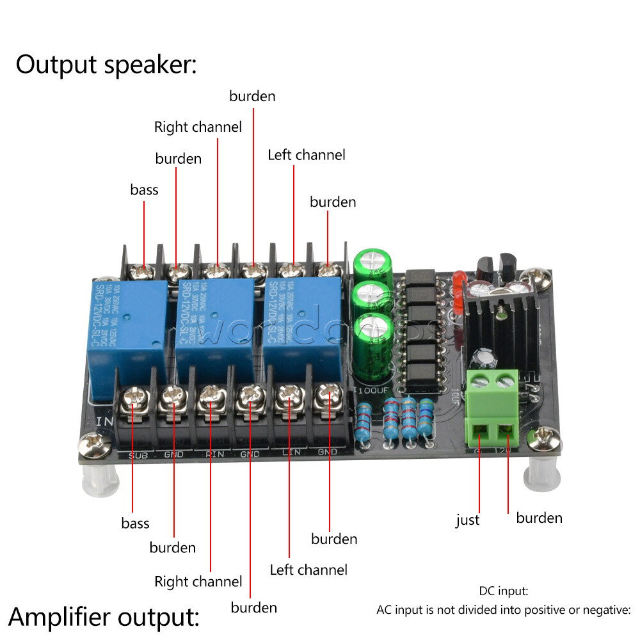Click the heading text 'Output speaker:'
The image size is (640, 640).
point(106,65)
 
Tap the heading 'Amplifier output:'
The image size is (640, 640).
point(104,617)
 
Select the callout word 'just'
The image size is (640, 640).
point(467,520)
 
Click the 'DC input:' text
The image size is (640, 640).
point(503,591)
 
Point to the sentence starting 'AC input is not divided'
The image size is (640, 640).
point(504,609)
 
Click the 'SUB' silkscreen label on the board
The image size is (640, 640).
point(138,454)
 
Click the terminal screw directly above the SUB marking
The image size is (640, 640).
point(135,401)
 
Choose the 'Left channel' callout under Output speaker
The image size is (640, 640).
point(306,155)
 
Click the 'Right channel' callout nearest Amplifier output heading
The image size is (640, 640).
point(198,582)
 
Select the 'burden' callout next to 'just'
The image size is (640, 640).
point(539,517)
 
